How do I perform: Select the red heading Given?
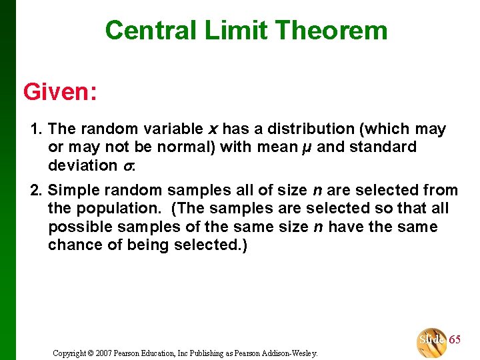(x=60, y=91)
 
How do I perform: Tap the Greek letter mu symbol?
(x=304, y=147)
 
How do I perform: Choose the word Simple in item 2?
(x=73, y=190)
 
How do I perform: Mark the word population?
(x=116, y=209)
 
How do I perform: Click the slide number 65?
(x=455, y=339)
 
